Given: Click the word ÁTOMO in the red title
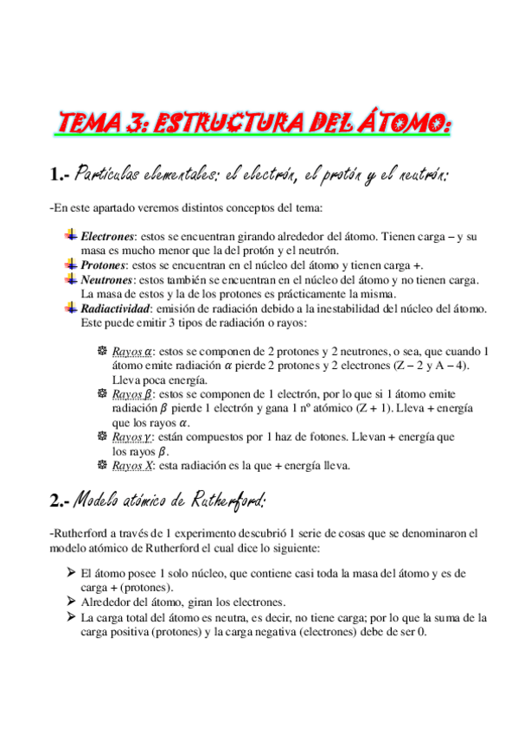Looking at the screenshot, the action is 401,124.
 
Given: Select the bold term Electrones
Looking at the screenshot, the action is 108,236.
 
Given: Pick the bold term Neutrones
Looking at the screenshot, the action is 106,279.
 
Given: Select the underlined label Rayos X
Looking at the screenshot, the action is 131,465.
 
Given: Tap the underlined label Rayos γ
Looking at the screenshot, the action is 131,437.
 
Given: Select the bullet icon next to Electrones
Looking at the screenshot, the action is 71,235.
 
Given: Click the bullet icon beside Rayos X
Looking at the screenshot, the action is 102,465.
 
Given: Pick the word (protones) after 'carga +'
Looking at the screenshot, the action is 144,587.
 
